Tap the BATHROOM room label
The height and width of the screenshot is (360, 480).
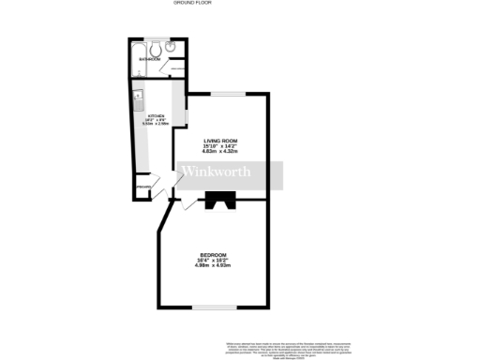[x=150, y=59]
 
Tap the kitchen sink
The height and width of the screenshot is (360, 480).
[x=138, y=96]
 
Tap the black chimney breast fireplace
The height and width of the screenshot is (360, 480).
[x=222, y=199]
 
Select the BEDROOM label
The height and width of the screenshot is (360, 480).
[x=213, y=254]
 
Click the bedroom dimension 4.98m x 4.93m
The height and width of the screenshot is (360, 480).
[x=213, y=265]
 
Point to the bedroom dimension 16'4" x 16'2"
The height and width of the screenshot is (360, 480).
[x=213, y=260]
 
